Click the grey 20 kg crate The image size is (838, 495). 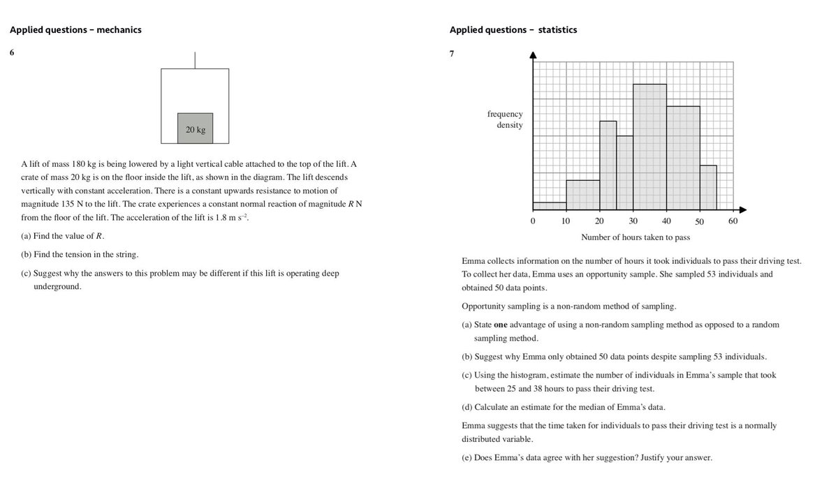[x=195, y=128]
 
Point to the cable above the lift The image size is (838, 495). [x=195, y=60]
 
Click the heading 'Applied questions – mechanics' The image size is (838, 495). [x=75, y=29]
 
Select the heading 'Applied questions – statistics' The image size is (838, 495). [x=513, y=29]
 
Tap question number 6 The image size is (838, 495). [x=12, y=52]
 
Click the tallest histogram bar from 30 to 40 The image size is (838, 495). [x=649, y=147]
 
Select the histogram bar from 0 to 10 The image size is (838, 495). [x=549, y=206]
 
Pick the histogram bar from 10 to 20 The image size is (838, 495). [x=582, y=195]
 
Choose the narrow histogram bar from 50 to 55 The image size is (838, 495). [x=708, y=187]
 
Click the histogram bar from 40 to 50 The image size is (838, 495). [x=683, y=158]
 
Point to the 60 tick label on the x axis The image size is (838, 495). [x=733, y=221]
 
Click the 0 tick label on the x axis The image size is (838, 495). [x=533, y=221]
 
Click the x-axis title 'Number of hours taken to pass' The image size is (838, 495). [x=635, y=237]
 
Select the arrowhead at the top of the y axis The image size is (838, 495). [x=533, y=55]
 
